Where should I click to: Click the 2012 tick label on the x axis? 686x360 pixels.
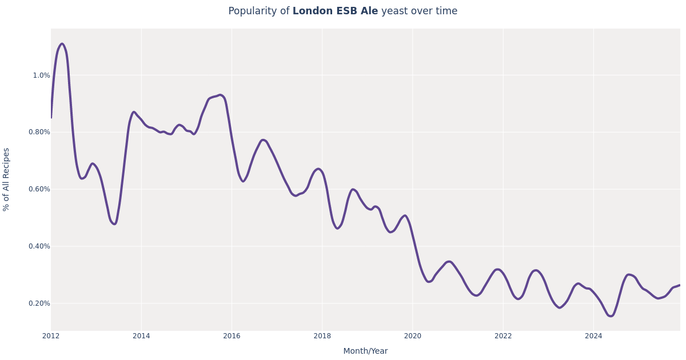click(51, 336)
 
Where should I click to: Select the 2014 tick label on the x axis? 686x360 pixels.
click(141, 336)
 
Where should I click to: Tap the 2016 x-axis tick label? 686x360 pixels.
click(232, 336)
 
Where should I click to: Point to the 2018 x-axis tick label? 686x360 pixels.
click(322, 336)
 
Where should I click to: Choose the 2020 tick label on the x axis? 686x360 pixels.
click(412, 336)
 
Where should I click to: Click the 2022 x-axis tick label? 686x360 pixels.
click(503, 336)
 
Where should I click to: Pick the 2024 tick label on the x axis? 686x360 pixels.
click(593, 336)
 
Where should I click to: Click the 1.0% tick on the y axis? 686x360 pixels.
click(41, 75)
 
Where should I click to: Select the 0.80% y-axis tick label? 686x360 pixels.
click(39, 132)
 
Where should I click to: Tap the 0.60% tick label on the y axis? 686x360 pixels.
click(39, 189)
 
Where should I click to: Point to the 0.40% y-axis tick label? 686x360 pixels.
click(39, 246)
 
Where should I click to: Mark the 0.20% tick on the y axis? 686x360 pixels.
click(39, 303)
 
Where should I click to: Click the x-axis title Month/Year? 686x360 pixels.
click(365, 351)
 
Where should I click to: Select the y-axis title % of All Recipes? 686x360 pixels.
click(7, 179)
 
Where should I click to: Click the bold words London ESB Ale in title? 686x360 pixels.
click(335, 11)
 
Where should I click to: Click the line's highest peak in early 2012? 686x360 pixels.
click(62, 44)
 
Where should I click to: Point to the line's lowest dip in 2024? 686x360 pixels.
click(611, 316)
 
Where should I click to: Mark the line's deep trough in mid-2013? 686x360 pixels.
click(114, 224)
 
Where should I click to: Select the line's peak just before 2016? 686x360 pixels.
click(220, 95)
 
